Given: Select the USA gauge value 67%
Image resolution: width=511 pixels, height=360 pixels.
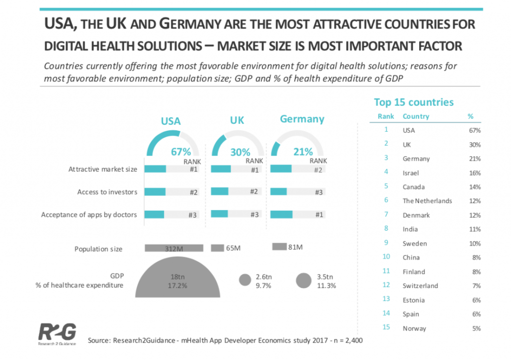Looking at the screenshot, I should click(x=181, y=152).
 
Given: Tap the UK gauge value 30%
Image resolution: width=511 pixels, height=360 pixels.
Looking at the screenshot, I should click(x=240, y=152).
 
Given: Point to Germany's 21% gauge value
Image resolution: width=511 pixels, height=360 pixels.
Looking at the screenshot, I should click(x=303, y=151).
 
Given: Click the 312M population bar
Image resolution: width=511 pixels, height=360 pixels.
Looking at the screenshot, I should click(x=174, y=248).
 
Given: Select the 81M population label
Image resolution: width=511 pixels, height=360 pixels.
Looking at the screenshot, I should click(x=296, y=247).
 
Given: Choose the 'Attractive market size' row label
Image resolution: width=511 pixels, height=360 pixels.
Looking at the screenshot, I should click(x=103, y=169).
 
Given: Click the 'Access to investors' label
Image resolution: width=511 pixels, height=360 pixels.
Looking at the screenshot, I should click(x=107, y=192).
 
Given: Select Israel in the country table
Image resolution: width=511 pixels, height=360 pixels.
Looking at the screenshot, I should click(x=411, y=173).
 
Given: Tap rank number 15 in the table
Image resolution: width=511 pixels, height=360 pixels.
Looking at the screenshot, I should click(x=386, y=328).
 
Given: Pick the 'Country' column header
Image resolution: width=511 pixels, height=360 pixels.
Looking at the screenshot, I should click(x=416, y=116).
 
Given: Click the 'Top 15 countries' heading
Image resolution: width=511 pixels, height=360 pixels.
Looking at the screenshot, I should click(x=414, y=102).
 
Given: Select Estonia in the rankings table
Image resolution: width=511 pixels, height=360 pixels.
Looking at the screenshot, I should click(x=414, y=300).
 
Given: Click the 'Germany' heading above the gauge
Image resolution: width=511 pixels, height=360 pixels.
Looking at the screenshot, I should click(x=302, y=119).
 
